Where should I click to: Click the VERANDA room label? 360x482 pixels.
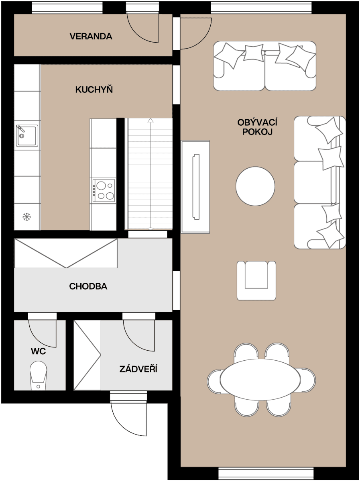(x=91, y=37)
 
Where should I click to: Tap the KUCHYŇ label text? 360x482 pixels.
(x=94, y=90)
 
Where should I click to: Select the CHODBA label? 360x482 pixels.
(x=88, y=286)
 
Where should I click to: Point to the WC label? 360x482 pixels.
(x=38, y=351)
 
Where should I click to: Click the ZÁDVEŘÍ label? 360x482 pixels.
(x=138, y=369)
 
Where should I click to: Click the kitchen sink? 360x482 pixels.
(x=27, y=136)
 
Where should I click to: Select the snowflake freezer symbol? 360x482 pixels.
(x=26, y=217)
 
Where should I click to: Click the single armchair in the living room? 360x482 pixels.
(x=256, y=280)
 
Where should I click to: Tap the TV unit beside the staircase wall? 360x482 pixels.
(x=195, y=186)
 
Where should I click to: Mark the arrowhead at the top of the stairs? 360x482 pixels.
(x=150, y=120)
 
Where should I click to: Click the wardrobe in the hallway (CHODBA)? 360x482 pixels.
(x=66, y=253)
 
